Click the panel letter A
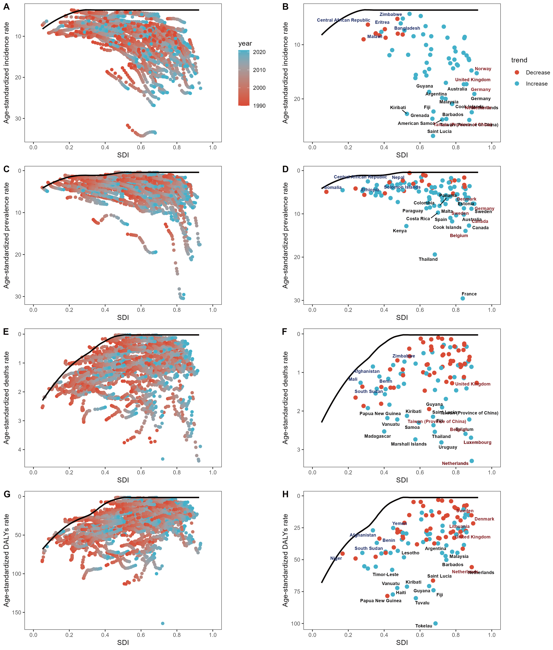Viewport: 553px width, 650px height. [x=6, y=7]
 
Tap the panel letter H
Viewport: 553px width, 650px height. [x=285, y=494]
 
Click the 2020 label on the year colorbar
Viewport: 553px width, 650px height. [x=259, y=52]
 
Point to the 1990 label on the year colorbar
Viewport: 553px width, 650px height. [x=259, y=106]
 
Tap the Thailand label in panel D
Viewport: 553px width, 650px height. [x=428, y=259]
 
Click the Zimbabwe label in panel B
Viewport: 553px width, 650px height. [x=391, y=14]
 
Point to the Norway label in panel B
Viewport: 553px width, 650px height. [x=483, y=69]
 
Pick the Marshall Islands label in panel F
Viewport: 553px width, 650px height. [x=408, y=444]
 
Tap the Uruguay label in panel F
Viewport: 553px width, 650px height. [x=448, y=447]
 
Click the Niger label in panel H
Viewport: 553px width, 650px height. [x=336, y=558]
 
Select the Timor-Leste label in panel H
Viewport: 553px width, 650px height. [x=385, y=575]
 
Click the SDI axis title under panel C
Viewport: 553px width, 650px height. [x=123, y=317]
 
